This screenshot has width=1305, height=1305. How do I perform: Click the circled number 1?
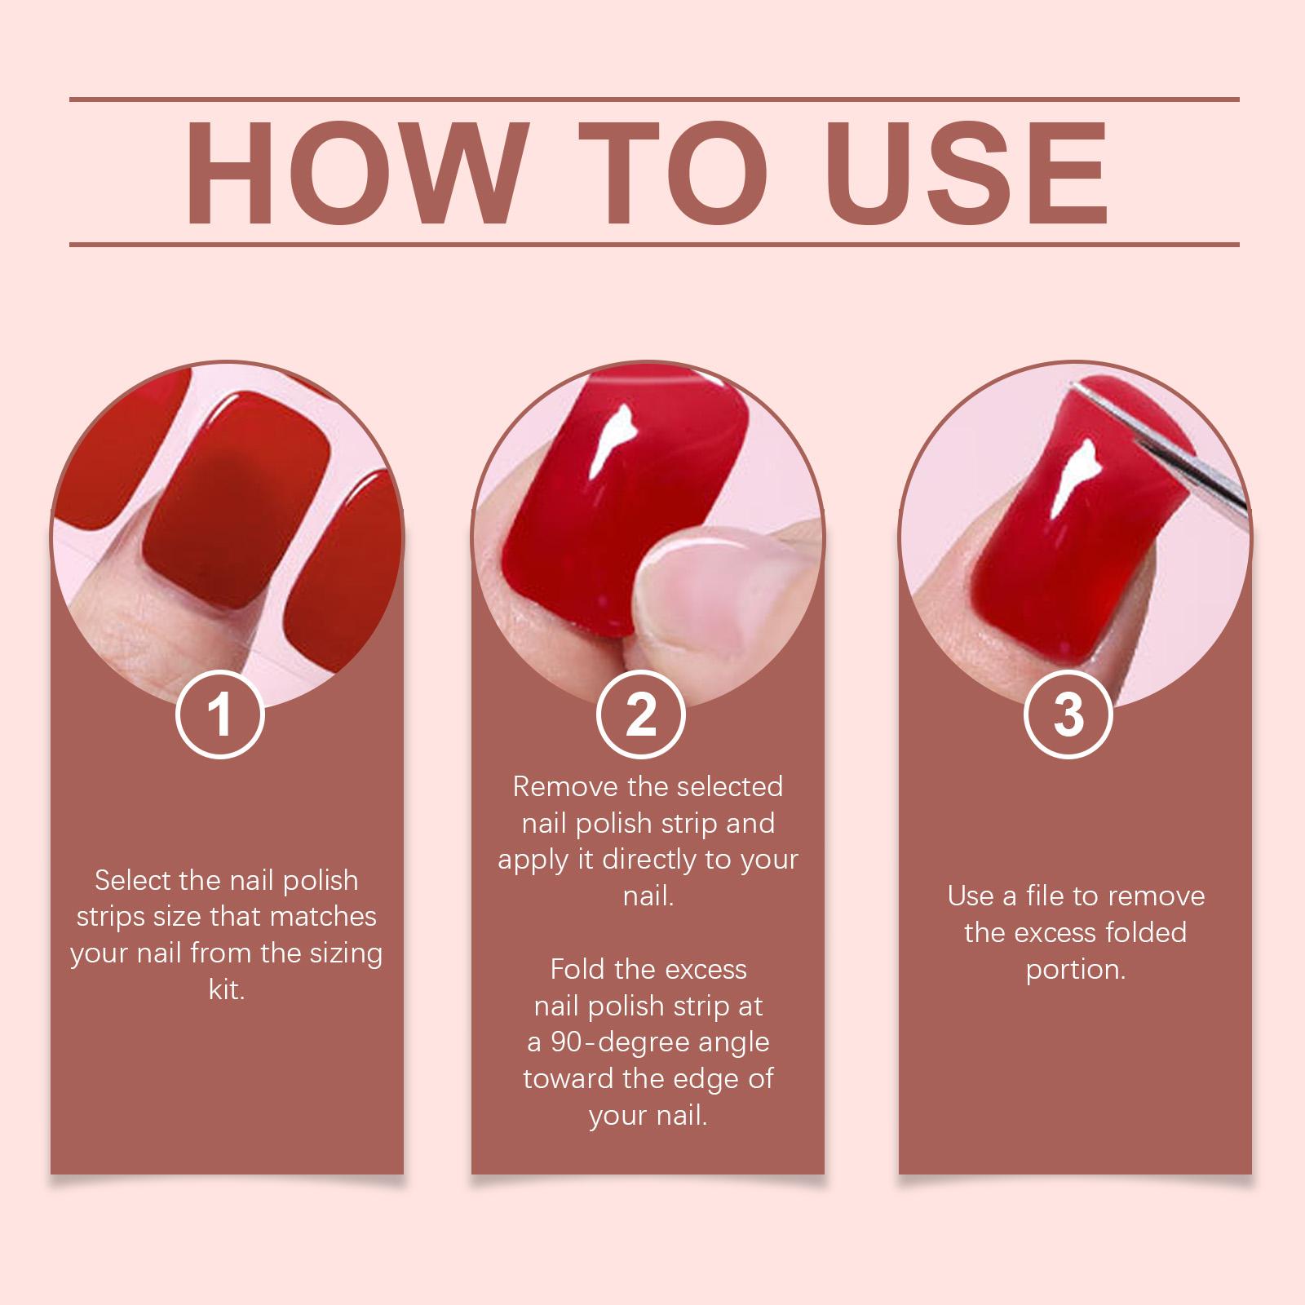(x=220, y=714)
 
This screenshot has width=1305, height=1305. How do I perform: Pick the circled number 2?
(x=640, y=714)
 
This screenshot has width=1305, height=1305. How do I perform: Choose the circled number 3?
(x=1068, y=714)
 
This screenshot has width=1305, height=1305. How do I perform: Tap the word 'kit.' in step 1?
(x=227, y=989)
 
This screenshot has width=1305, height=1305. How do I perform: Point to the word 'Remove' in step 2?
(x=565, y=786)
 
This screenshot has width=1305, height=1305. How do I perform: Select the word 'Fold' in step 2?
(x=577, y=969)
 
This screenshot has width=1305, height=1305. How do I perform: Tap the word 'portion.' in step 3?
(x=1076, y=969)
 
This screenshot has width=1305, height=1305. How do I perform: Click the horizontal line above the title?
(x=654, y=100)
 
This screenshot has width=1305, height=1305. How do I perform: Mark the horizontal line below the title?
(x=654, y=244)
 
